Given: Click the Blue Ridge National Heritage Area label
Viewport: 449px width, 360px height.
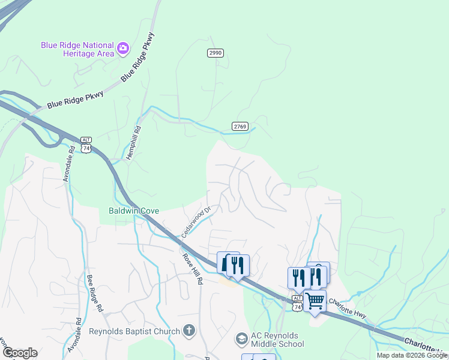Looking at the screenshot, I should click(77, 49).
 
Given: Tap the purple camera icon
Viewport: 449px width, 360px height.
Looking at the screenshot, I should click(123, 48).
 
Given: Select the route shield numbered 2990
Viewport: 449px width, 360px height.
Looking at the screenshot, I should click(215, 53).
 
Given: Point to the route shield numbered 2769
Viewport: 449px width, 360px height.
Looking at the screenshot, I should click(240, 125).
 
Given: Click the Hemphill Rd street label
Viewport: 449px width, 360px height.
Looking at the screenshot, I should click(133, 142).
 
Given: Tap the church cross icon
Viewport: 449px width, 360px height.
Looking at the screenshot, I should click(188, 331).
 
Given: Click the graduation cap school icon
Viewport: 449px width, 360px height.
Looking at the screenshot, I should click(241, 339).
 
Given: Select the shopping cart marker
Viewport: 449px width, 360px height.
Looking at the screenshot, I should click(315, 301).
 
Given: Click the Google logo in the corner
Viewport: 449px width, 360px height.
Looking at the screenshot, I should click(20, 353).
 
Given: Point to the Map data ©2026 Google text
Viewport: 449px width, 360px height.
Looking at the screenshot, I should click(411, 355).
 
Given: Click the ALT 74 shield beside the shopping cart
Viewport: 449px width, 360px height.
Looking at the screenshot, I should click(297, 304).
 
